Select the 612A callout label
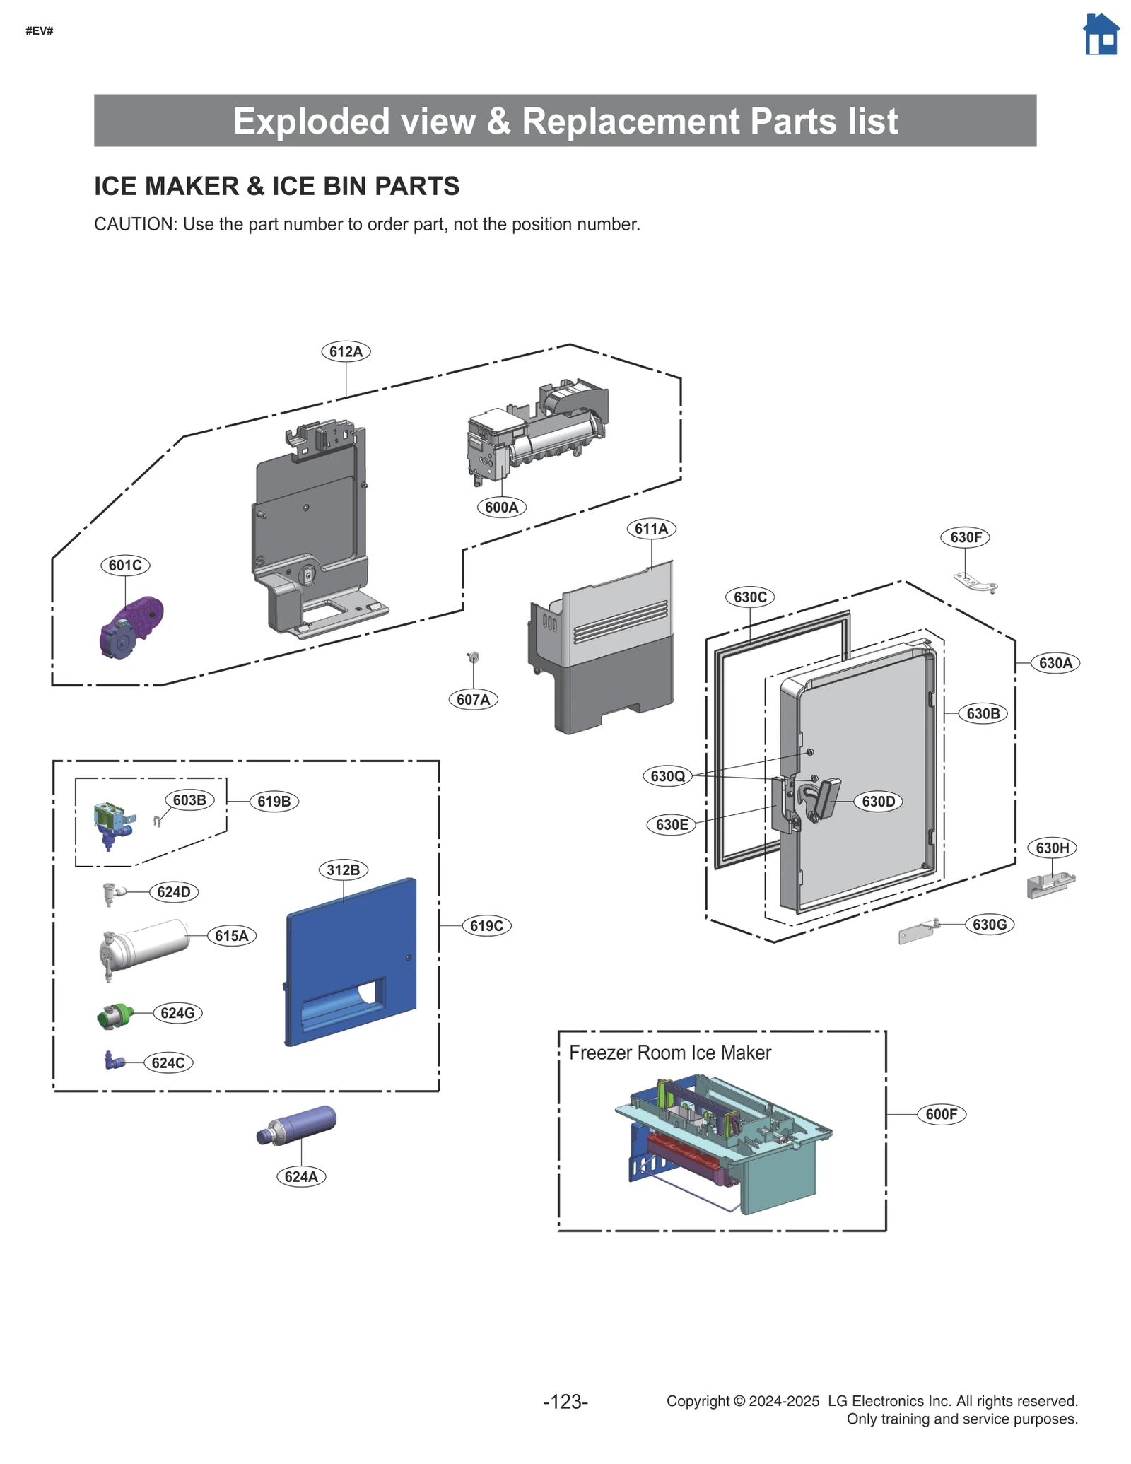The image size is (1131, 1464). tap(346, 351)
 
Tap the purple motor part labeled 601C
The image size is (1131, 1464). tap(131, 626)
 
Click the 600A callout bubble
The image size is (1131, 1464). tap(501, 507)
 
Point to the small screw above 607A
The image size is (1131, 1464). tap(474, 657)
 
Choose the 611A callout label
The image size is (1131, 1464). tap(650, 528)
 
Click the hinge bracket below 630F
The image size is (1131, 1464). tap(975, 582)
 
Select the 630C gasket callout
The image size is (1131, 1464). tap(749, 597)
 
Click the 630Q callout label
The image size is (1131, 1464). tap(667, 775)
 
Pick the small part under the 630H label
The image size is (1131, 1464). tap(1050, 884)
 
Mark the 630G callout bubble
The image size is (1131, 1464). tap(989, 924)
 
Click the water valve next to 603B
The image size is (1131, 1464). tap(112, 824)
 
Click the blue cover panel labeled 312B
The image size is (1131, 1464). tap(351, 961)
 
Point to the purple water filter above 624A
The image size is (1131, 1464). tap(297, 1125)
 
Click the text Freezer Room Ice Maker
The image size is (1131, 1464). tap(669, 1053)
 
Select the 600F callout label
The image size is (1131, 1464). tap(941, 1114)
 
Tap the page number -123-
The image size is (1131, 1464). tap(565, 1401)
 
